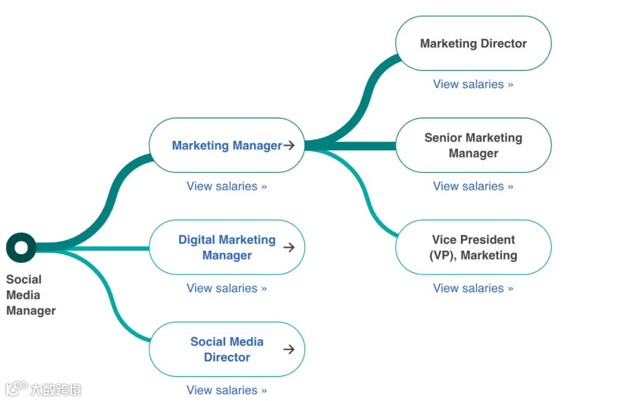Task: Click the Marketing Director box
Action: point(473,44)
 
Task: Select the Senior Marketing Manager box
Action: point(473,145)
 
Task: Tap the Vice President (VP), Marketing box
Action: point(473,247)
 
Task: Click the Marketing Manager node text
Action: point(226,146)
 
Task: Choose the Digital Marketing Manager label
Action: point(226,247)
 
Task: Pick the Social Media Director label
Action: point(226,349)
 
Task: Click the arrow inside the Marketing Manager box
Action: point(289,146)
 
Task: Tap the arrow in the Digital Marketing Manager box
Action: point(289,247)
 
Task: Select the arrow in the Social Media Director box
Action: point(289,349)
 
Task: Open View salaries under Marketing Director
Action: point(473,84)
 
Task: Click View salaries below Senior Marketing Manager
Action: point(473,186)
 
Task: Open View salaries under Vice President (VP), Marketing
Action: point(473,288)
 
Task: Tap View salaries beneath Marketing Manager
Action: point(226,186)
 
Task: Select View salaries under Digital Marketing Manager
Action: point(226,288)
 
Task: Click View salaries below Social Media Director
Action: point(226,390)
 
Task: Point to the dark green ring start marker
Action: point(21,248)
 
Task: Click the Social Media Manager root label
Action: point(30,295)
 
